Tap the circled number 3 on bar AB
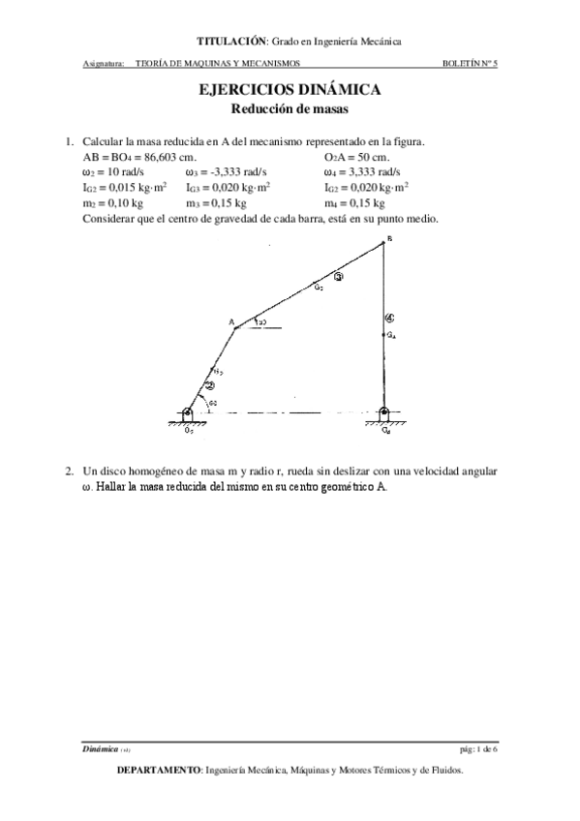click(338, 277)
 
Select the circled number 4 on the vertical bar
click(389, 317)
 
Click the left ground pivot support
click(187, 416)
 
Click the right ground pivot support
click(384, 416)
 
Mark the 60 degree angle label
click(212, 402)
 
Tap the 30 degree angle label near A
click(262, 321)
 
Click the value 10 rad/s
click(120, 171)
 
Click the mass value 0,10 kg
click(124, 203)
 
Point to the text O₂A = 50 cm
click(356, 156)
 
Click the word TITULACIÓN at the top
click(231, 42)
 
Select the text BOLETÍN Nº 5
click(469, 65)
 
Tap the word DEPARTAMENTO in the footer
click(158, 772)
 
